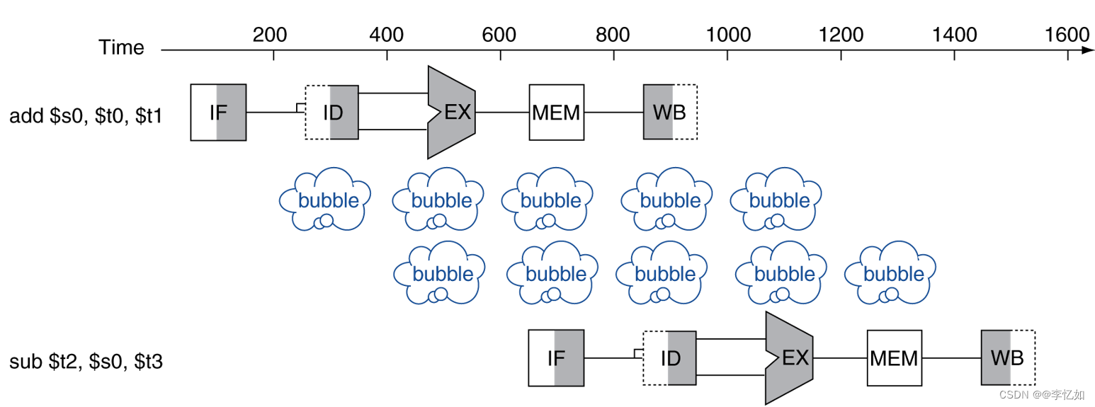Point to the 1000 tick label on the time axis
click(727, 34)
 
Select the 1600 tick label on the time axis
click(1067, 34)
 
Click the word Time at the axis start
click(121, 48)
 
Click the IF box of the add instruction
click(218, 112)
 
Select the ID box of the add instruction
click(331, 112)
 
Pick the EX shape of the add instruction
click(451, 112)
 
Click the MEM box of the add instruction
click(556, 112)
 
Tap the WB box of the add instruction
click(670, 112)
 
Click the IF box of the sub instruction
click(556, 358)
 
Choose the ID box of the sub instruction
click(669, 358)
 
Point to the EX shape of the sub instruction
click(789, 358)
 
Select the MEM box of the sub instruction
click(894, 358)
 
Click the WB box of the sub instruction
click(1008, 358)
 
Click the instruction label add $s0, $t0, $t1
click(86, 116)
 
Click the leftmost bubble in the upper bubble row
click(324, 200)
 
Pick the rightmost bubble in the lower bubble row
click(894, 273)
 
